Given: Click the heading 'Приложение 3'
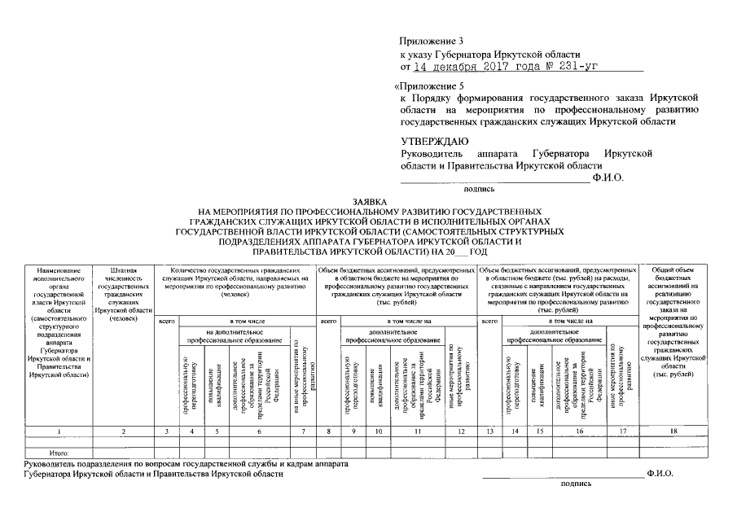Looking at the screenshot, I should coord(428,41).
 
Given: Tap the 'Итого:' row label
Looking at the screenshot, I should coord(58,451).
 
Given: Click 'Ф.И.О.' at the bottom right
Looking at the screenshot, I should coord(660,472).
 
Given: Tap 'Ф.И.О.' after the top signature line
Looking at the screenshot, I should coord(608,177).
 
